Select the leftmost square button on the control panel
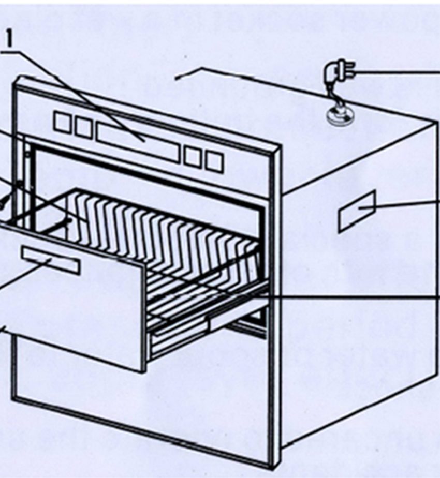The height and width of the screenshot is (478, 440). pos(62,122)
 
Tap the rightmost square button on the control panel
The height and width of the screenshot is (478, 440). pos(214,161)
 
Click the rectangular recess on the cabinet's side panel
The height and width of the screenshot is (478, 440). pos(357,211)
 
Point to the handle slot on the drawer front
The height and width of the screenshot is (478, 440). pos(51,261)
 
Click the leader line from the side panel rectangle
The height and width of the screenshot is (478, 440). pos(399,204)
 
